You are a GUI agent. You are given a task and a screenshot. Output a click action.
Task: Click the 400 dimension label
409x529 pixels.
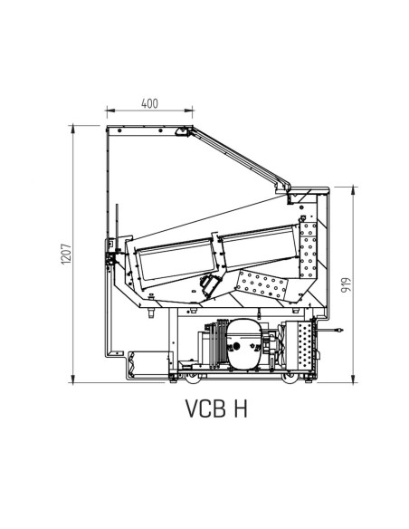pos(149,103)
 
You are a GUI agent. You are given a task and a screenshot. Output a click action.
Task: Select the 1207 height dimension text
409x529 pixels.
pos(66,254)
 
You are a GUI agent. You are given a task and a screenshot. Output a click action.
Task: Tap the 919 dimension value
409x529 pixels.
pos(346,285)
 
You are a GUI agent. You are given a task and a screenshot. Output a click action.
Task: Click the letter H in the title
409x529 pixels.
pos(240,409)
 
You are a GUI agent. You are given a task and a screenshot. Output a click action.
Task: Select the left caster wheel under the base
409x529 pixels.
pos(193,379)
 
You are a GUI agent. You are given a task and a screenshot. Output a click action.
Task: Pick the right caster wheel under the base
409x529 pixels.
pos(290,379)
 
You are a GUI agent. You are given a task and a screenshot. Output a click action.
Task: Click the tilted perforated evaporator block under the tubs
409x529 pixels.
pos(262,285)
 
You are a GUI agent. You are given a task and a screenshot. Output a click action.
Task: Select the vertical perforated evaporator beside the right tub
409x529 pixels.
pos(309,250)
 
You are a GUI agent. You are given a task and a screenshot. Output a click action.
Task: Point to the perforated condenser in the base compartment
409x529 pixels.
pos(305,345)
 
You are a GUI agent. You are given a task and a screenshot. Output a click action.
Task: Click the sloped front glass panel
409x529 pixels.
pos(240,158)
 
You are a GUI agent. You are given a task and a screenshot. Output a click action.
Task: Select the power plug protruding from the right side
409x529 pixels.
pos(331,331)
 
